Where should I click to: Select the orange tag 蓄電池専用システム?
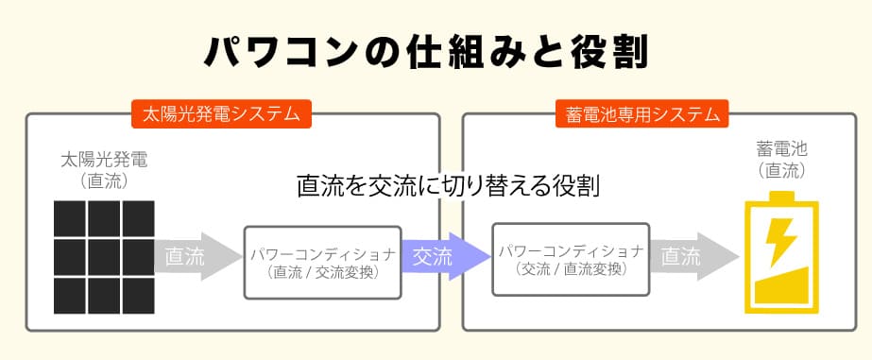pos(642,114)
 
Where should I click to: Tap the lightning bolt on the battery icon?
pos(781,242)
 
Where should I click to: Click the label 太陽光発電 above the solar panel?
pos(104,161)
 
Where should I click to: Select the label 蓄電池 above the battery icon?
pos(781,149)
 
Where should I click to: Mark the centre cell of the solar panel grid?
pos(104,254)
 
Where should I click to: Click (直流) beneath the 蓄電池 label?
pos(781,171)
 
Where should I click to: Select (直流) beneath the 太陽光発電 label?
pos(104,180)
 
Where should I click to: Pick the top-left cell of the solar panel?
pos(69,219)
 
